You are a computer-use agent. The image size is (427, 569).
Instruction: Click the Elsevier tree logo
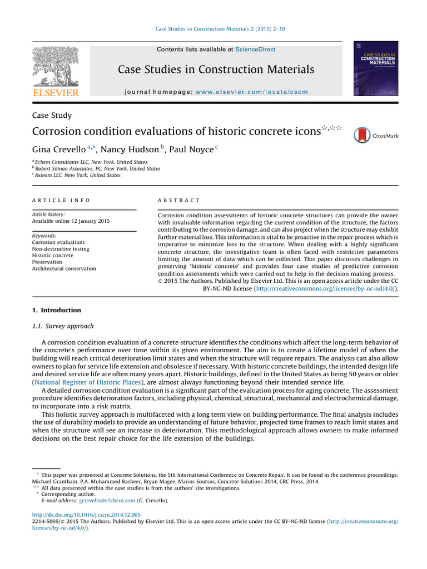[x=55, y=66]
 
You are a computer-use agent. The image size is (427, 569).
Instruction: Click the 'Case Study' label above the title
[x=52, y=116]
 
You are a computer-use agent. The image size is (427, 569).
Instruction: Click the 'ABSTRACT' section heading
[x=179, y=200]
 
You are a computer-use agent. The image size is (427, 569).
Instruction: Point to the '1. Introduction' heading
[x=56, y=310]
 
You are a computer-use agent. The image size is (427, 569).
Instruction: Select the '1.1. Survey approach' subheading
[x=63, y=326]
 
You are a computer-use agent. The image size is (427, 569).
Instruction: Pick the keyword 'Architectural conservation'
[x=64, y=269]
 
